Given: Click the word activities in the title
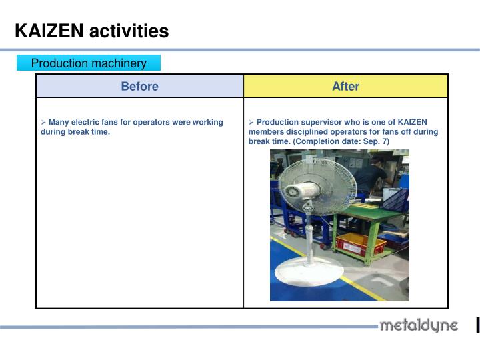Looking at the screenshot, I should [129, 31].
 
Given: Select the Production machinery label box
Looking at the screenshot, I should [89, 63].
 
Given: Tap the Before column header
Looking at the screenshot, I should [139, 86].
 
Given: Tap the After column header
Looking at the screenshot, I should [345, 86].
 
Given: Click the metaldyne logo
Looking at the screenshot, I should [418, 326].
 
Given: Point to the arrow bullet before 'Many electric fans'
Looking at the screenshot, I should [43, 122].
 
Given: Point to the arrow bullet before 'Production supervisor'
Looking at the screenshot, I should [251, 122].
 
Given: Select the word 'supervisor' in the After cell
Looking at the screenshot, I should [320, 122].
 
